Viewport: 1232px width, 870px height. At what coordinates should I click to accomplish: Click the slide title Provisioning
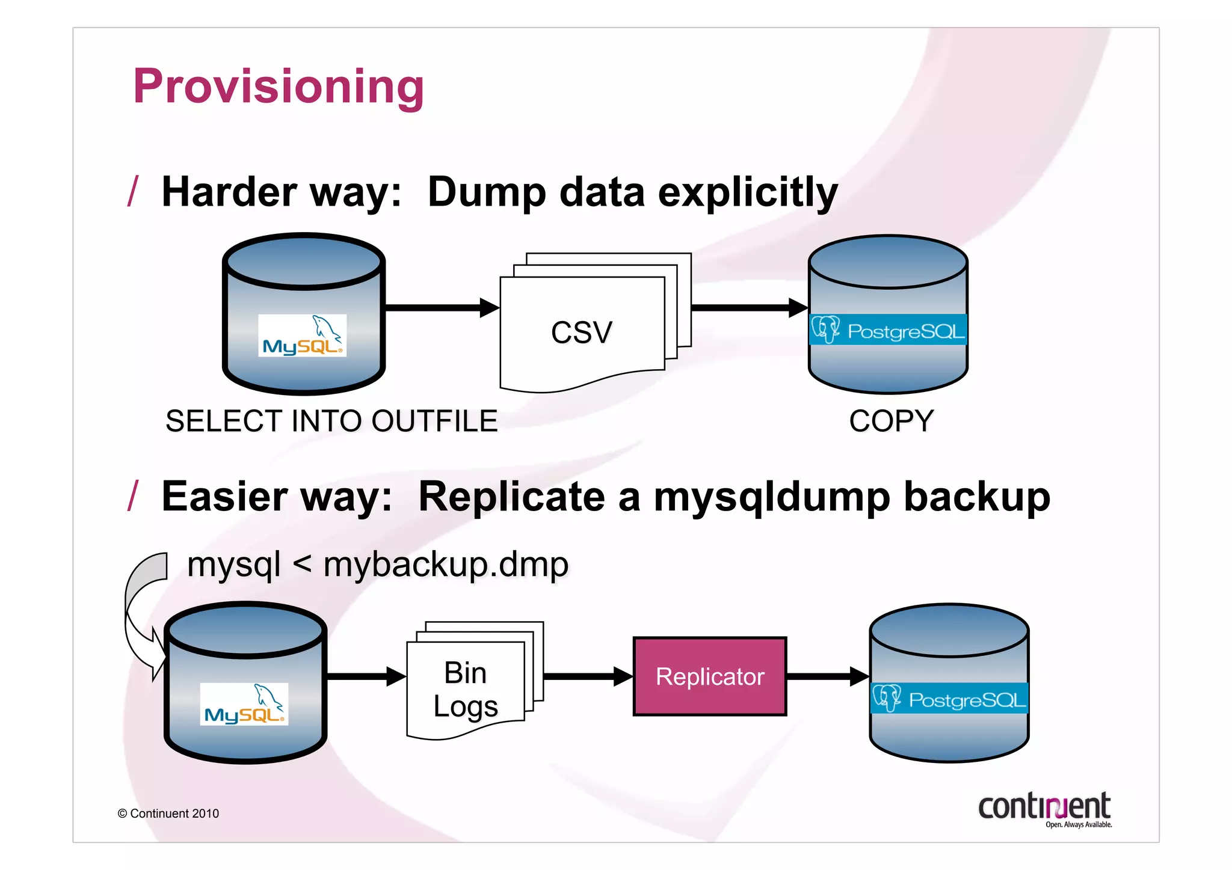pos(279,86)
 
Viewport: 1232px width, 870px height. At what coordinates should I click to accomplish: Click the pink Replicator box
pos(709,676)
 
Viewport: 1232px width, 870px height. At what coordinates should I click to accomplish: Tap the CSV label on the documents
pos(581,332)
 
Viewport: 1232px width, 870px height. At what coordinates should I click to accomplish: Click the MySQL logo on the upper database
pos(302,335)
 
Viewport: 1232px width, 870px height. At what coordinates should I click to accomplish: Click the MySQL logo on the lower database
pos(244,704)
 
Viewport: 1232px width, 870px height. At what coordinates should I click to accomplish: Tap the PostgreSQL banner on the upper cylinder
pos(888,329)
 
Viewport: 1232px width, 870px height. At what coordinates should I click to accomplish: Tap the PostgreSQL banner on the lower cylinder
pos(949,699)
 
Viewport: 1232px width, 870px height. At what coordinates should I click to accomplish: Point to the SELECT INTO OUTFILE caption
pos(331,421)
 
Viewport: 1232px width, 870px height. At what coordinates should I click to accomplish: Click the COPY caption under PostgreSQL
pos(891,421)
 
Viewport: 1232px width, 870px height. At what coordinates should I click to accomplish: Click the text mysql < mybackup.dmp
pos(378,565)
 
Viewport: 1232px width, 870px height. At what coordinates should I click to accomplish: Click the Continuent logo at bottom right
pos(1044,809)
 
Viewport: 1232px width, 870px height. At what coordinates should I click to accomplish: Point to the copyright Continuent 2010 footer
pos(168,813)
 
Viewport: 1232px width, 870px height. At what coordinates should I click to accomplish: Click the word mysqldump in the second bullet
pos(772,498)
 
